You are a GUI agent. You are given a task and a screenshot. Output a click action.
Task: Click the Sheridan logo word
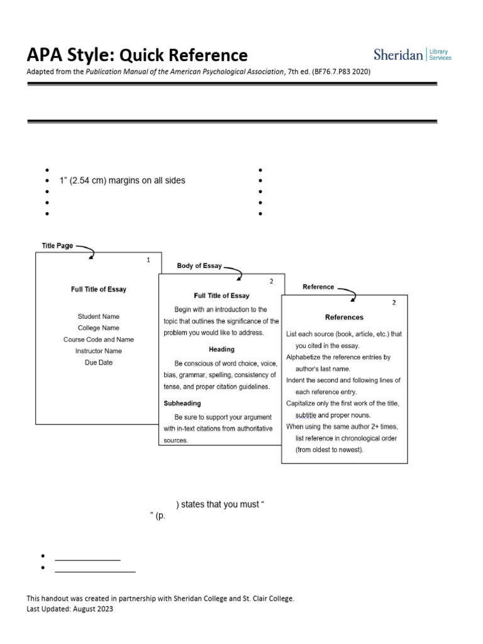[398, 55]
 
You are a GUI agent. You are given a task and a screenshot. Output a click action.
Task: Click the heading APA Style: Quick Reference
[137, 55]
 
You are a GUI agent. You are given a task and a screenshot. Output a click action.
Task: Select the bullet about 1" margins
[122, 180]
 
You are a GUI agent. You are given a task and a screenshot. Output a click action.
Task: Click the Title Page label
[57, 245]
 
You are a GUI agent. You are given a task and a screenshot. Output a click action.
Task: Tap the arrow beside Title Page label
[85, 251]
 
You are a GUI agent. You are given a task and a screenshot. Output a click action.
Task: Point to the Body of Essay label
[199, 266]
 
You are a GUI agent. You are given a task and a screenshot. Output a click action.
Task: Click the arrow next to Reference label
[347, 292]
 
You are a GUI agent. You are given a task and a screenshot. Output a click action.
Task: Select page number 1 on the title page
[148, 260]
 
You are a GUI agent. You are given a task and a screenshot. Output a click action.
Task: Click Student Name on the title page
[99, 316]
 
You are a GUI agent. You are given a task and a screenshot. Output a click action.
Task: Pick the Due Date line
[99, 362]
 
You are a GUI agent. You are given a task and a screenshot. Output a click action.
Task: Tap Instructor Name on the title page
[99, 351]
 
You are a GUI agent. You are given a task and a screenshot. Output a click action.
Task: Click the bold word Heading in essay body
[221, 349]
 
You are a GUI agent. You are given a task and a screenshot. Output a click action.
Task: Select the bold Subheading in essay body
[182, 403]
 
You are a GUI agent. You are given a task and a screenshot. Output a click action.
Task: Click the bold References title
[344, 317]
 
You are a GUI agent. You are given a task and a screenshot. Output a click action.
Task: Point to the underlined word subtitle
[306, 415]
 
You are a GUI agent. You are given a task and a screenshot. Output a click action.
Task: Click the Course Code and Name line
[99, 340]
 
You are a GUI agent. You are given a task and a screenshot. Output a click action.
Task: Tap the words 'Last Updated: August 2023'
[70, 609]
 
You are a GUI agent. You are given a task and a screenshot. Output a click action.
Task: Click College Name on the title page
[99, 328]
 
